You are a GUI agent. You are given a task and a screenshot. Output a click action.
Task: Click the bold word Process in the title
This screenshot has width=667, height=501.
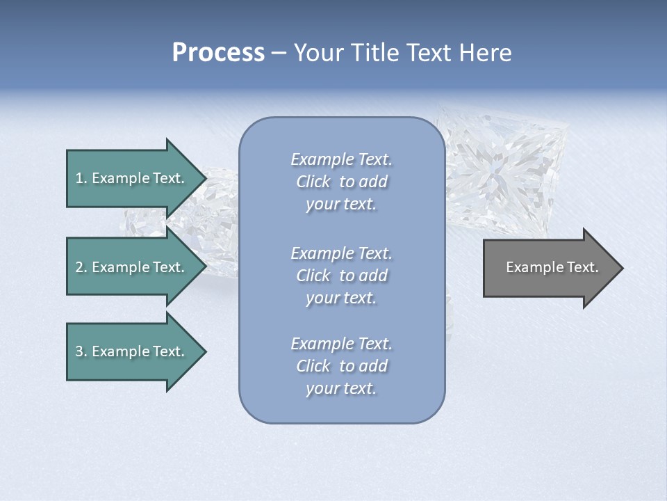tap(218, 53)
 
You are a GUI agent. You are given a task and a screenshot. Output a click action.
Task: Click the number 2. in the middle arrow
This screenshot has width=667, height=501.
tap(81, 267)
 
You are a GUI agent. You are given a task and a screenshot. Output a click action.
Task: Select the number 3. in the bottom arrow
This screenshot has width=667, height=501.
tap(81, 351)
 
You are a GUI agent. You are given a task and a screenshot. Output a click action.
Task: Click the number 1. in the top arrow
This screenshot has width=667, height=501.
tap(81, 178)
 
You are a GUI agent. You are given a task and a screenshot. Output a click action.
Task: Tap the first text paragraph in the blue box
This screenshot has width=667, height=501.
tap(341, 182)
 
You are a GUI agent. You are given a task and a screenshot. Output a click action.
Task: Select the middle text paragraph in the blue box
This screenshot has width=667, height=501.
tap(341, 276)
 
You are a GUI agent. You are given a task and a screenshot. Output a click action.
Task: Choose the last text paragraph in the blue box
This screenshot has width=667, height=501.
tap(341, 366)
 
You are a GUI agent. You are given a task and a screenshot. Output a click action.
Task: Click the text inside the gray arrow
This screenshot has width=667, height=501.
tap(552, 267)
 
